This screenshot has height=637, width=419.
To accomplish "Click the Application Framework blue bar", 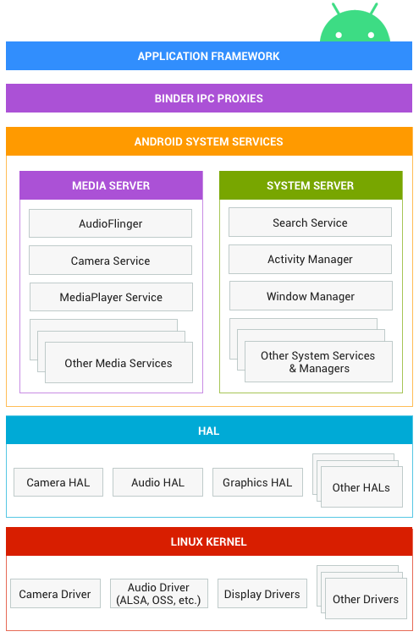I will [208, 56].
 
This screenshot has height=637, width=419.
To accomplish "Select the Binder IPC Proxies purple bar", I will [208, 98].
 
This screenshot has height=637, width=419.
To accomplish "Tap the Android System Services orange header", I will [208, 141].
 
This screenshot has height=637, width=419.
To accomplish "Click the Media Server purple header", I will [111, 185].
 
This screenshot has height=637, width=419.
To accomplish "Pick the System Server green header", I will [310, 185].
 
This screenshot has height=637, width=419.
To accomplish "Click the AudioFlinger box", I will [110, 223].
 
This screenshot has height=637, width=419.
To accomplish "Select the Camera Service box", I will [110, 261].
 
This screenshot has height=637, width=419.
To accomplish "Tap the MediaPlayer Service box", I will [111, 297].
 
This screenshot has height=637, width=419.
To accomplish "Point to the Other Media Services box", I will [119, 363].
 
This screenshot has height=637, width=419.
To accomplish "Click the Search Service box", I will [310, 222].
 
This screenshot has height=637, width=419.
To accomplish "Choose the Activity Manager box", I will [310, 260].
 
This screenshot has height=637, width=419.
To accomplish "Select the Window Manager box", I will [311, 296].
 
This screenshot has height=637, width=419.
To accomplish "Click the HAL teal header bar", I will [208, 431].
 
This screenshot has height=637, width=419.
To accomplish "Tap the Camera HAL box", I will [58, 482].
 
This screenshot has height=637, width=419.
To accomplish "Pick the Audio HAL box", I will [157, 482].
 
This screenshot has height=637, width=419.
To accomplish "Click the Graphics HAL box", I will [257, 482].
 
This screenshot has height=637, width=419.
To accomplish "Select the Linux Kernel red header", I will [208, 541].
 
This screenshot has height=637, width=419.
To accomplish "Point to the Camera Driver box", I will [55, 594].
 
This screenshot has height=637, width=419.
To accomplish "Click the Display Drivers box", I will [262, 594].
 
